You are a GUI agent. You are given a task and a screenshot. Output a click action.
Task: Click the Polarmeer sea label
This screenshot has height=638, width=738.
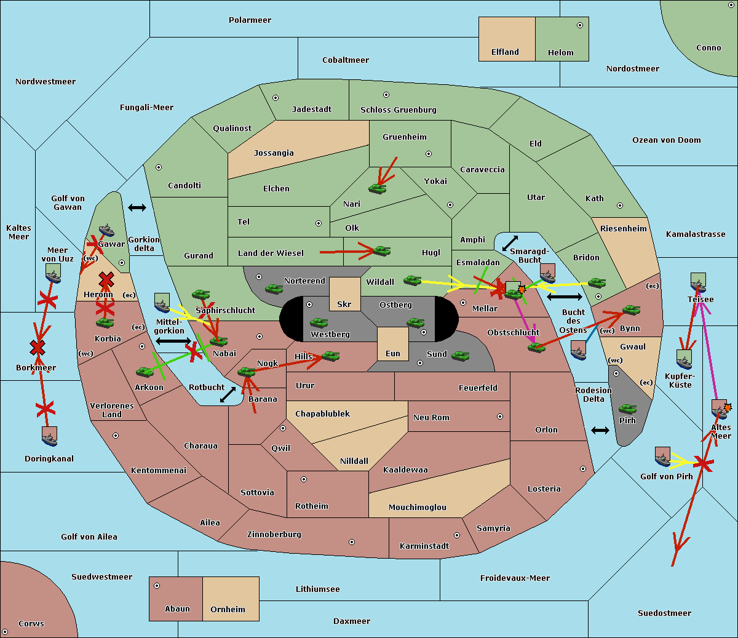click(250, 20)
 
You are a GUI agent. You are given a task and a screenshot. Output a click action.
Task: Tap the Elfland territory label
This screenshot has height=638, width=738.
click(505, 52)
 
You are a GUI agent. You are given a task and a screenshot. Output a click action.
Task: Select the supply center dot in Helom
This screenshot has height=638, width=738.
click(579, 25)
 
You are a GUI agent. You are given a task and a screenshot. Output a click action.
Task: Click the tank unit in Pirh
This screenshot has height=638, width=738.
click(627, 409)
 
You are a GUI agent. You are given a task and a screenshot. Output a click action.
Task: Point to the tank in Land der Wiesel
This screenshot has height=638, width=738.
click(381, 250)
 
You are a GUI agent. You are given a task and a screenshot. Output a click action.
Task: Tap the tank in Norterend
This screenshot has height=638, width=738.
click(274, 289)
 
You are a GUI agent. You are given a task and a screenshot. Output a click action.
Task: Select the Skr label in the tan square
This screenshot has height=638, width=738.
click(344, 304)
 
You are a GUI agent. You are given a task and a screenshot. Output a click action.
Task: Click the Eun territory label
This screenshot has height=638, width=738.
click(393, 353)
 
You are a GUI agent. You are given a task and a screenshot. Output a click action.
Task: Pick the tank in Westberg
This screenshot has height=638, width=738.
click(319, 323)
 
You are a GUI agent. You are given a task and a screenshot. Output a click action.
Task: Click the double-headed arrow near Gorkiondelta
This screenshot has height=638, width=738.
click(137, 208)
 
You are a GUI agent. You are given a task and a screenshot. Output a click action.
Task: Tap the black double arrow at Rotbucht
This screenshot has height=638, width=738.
click(228, 394)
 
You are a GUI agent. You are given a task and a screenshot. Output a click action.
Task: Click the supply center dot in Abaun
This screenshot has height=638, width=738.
click(157, 586)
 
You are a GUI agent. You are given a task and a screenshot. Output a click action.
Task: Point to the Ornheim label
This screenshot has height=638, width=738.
click(228, 609)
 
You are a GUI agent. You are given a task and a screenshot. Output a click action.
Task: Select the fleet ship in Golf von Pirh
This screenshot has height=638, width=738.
click(662, 457)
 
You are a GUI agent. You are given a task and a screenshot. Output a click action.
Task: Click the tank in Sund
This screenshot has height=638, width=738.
click(461, 356)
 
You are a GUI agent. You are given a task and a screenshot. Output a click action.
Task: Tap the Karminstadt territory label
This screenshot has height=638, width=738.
click(424, 546)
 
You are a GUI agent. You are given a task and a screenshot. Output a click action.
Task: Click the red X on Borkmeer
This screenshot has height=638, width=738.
click(38, 348)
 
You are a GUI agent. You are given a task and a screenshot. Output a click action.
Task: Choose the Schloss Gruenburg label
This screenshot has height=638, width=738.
click(398, 110)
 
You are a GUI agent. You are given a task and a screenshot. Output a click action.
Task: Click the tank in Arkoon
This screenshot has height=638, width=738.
click(145, 372)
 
